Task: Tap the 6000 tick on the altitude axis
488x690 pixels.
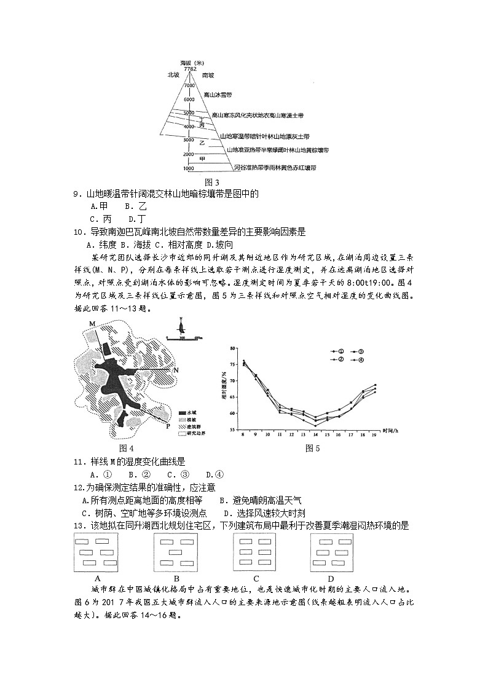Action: click(x=188, y=99)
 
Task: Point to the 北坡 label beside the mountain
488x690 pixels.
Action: click(x=173, y=75)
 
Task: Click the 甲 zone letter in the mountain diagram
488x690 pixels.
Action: click(x=202, y=159)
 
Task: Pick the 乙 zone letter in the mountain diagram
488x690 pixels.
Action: click(x=201, y=143)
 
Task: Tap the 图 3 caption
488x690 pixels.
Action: click(x=211, y=182)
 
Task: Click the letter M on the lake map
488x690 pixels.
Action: click(x=92, y=324)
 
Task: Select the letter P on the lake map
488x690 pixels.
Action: click(x=168, y=426)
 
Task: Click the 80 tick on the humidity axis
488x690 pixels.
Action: click(x=233, y=348)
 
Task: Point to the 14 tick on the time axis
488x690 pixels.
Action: click(x=315, y=434)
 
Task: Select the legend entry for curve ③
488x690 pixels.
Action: click(x=358, y=351)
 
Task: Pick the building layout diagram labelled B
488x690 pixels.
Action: click(x=176, y=551)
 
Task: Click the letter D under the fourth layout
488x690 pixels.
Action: click(x=331, y=578)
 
